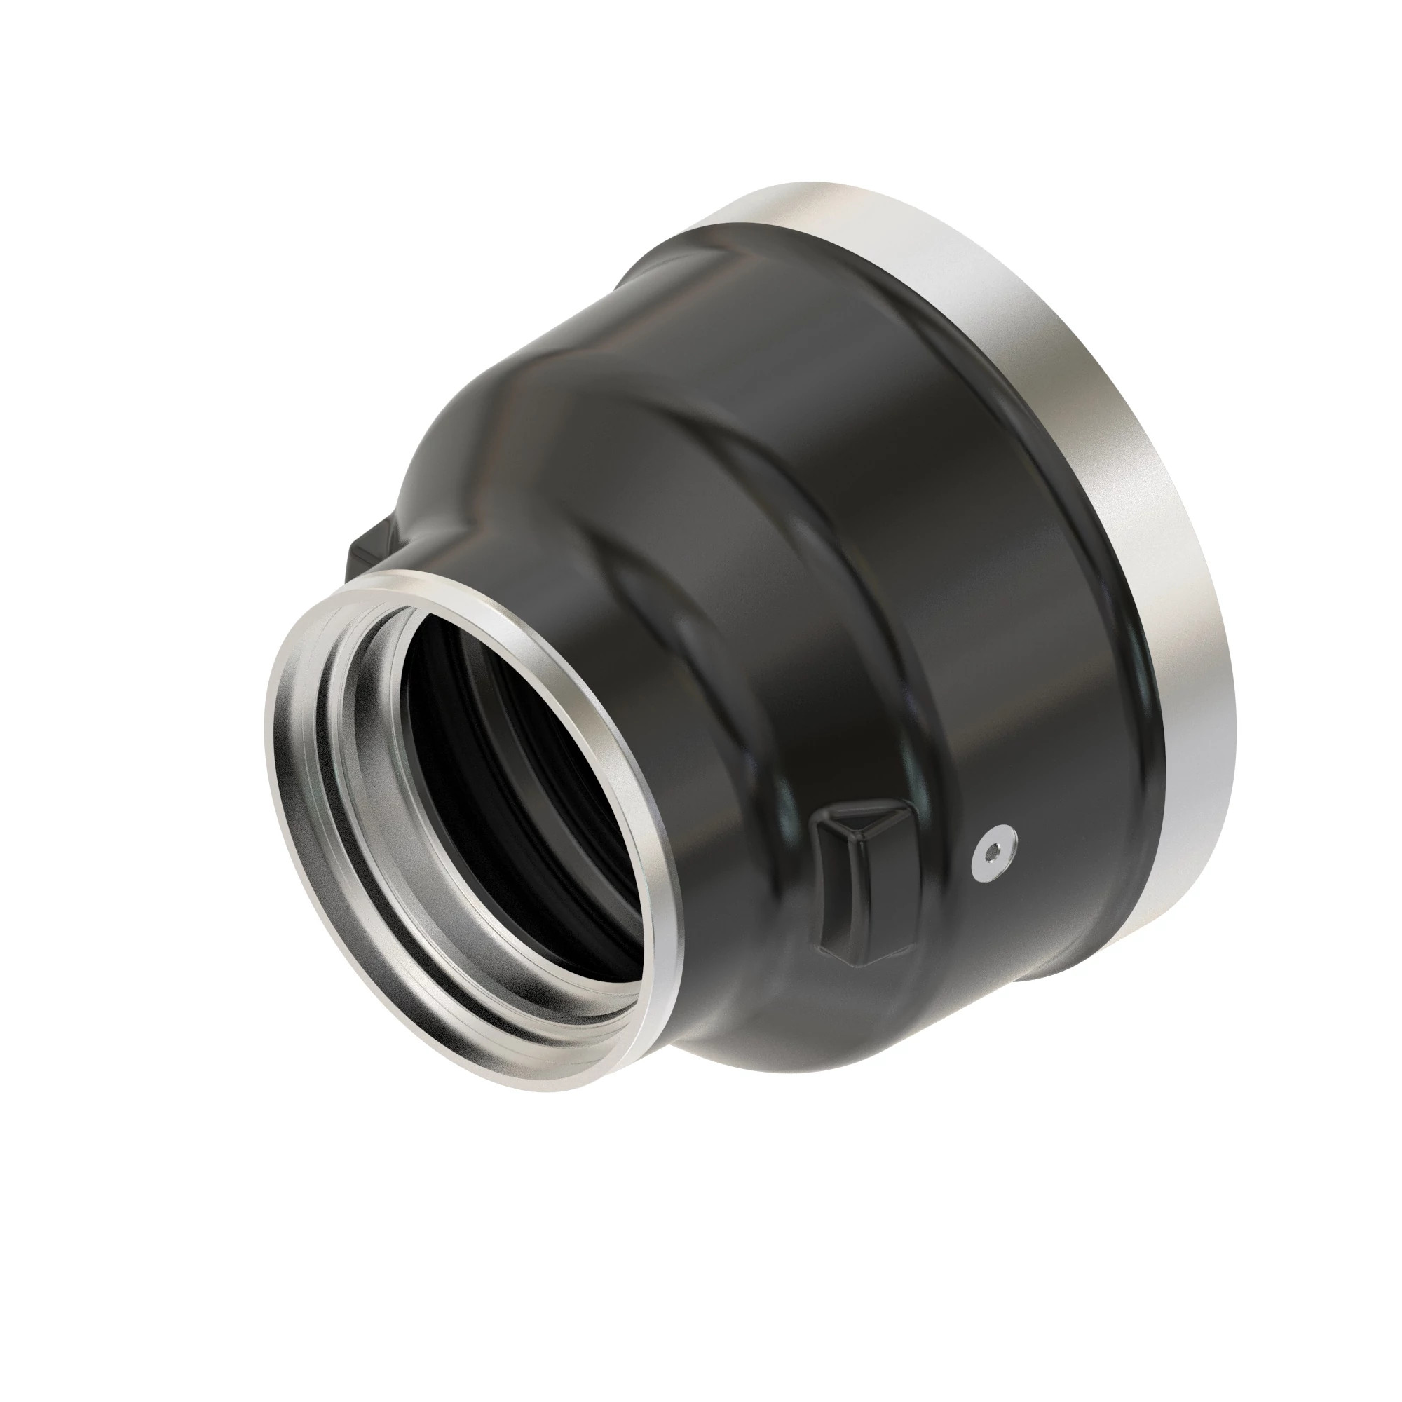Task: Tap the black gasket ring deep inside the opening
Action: pyautogui.click(x=465, y=726)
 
